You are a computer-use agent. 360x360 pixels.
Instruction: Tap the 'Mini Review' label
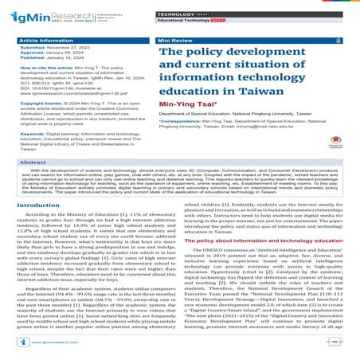177,39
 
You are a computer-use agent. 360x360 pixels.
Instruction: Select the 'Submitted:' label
34,47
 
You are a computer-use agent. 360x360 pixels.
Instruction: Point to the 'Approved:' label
33,53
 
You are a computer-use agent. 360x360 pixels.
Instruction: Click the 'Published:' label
34,58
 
